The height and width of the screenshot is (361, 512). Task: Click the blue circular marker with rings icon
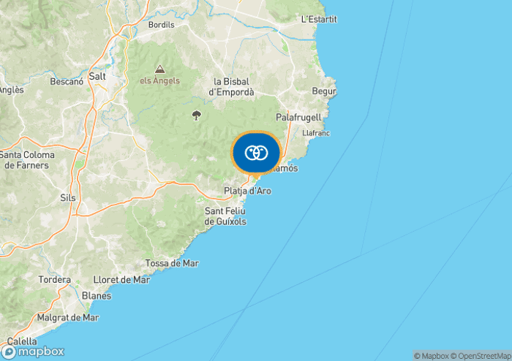pos(256,153)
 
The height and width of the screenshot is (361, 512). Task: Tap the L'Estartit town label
pos(319,19)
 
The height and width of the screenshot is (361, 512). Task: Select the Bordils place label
pos(161,25)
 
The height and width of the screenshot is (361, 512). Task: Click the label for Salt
pos(97,76)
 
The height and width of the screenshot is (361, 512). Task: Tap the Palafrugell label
pos(298,117)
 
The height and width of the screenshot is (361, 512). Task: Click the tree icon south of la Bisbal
pos(196,115)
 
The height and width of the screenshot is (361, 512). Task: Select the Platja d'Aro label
pos(247,191)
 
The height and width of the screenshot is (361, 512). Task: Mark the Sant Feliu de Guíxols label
pos(225,216)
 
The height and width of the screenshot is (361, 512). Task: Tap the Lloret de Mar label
pos(121,280)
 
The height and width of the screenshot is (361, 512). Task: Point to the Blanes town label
pos(97,296)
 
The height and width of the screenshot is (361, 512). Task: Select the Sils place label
pos(67,197)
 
